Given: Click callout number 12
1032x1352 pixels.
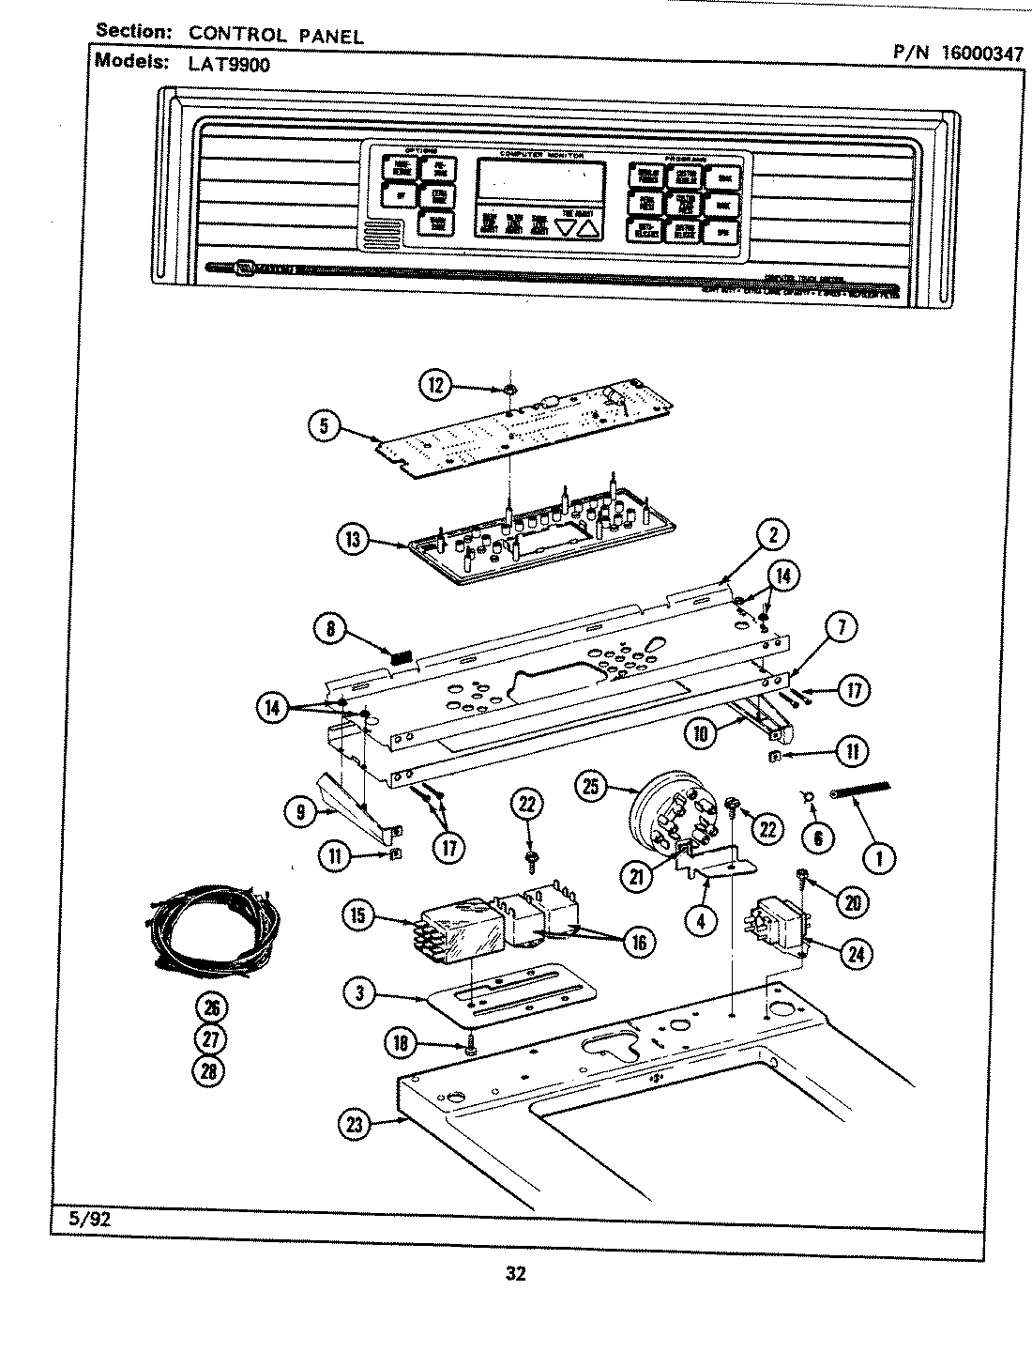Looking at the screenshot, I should pos(434,385).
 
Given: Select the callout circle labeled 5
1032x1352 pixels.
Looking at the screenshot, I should pos(323,426).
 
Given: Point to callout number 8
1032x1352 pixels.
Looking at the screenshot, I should pos(331,629).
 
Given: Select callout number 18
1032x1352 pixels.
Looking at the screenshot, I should pos(402,1042).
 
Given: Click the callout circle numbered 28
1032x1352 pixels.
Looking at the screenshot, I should pos(211,1070).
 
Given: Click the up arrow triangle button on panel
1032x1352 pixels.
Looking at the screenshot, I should pos(586,226).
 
